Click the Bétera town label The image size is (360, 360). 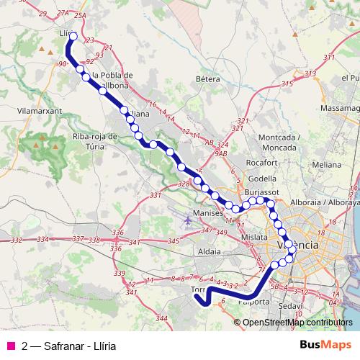[207, 78]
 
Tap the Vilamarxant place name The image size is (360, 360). [40, 112]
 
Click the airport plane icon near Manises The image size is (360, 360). [189, 219]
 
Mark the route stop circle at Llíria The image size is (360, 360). [73, 35]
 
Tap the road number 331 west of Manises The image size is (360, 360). [154, 196]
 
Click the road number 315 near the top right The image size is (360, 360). [287, 84]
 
